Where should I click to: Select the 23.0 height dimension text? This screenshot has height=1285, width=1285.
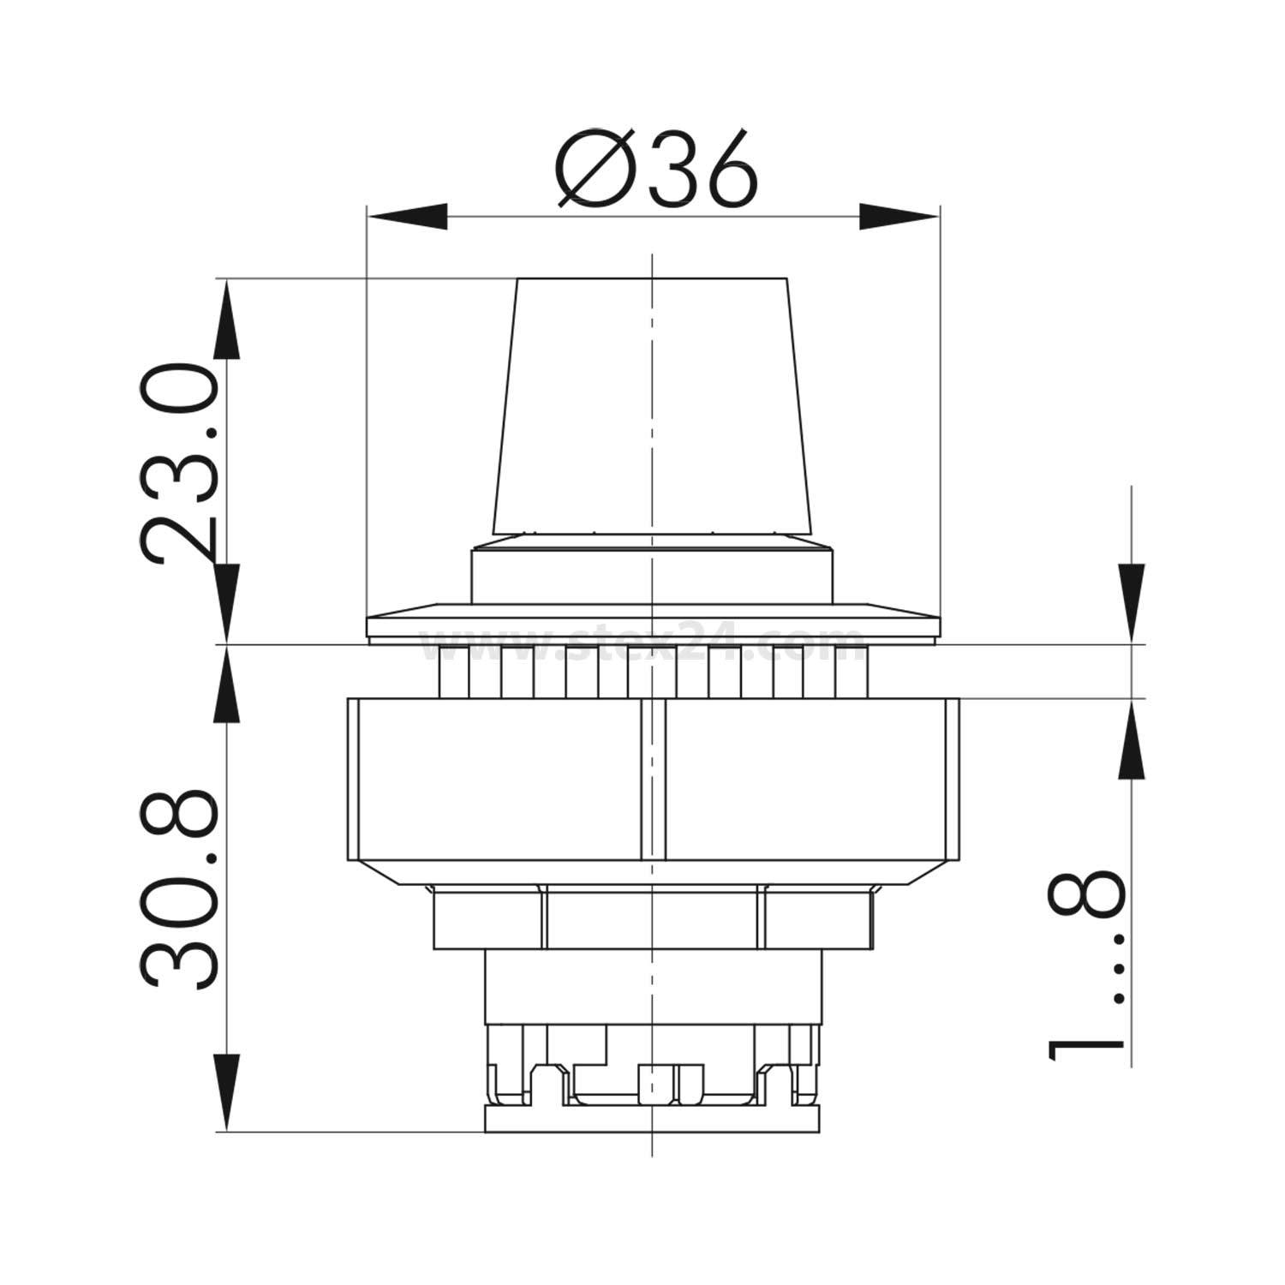pos(178,463)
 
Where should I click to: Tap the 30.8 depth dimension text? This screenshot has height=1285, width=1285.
pos(178,891)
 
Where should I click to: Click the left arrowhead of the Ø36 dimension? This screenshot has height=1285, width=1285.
pos(408,217)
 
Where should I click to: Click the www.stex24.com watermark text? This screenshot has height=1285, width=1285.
pos(642,643)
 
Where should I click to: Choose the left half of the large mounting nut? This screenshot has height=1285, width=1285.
pos(494,780)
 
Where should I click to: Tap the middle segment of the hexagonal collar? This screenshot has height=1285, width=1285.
pos(653,918)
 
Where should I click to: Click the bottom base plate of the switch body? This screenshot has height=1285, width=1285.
pos(653,1118)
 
